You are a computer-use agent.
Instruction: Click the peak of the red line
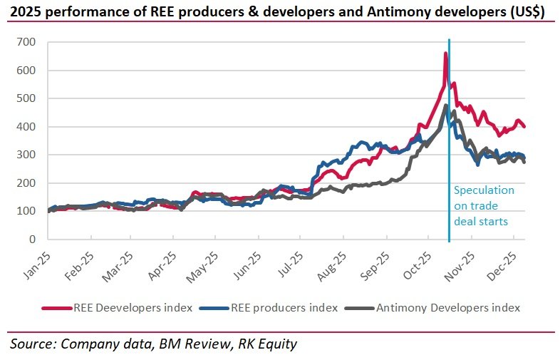pyautogui.click(x=446, y=53)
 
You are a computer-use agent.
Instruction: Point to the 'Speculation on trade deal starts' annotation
pyautogui.click(x=484, y=206)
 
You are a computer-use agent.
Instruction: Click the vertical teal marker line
pyautogui.click(x=449, y=143)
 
